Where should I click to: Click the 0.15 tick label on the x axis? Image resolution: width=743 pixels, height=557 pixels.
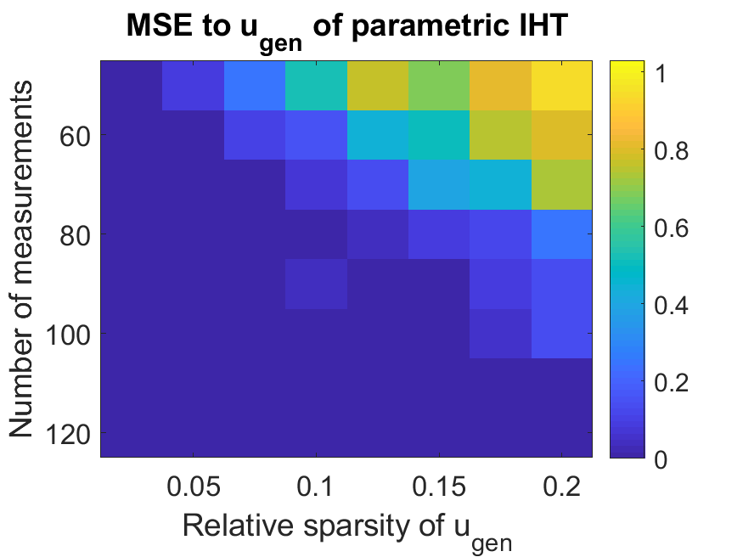438,487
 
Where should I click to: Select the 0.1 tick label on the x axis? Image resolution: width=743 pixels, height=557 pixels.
316,487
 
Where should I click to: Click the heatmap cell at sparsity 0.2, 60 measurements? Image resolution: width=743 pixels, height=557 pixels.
561,135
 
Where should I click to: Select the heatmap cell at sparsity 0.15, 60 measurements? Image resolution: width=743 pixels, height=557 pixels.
438,135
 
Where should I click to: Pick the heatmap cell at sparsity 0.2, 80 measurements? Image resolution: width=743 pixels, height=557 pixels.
561,234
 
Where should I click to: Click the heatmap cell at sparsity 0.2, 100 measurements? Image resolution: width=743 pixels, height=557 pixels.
561,334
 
